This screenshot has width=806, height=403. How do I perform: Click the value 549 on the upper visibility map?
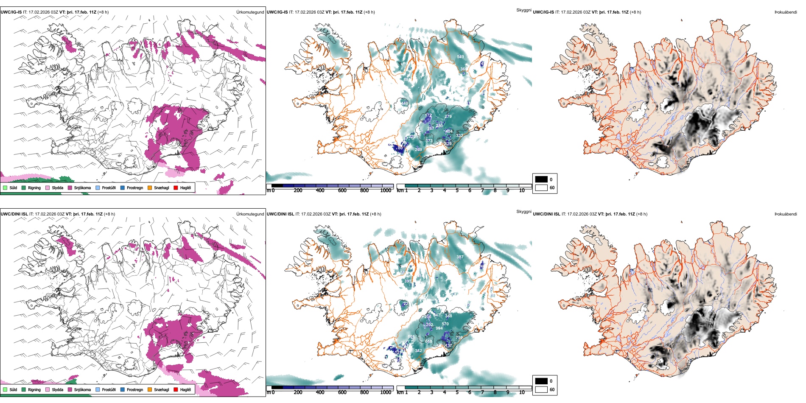click(x=460, y=56)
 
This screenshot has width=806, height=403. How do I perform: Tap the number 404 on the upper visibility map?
click(x=449, y=132)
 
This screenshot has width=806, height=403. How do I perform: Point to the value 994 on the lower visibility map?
click(x=439, y=328)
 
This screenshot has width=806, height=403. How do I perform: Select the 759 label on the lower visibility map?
click(x=459, y=338)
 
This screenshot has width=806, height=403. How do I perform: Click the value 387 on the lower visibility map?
click(x=460, y=257)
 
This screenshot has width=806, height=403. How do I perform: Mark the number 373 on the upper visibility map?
click(x=429, y=141)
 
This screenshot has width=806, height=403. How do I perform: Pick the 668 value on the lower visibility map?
click(x=428, y=341)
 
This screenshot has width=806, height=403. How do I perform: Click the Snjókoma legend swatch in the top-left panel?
click(x=70, y=188)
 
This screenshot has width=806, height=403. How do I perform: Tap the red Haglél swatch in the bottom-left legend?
click(x=176, y=389)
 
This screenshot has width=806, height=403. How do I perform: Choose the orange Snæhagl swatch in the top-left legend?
click(x=150, y=188)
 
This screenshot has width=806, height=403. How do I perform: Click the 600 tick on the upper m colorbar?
click(x=342, y=190)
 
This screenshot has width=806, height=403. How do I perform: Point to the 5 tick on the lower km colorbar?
click(x=457, y=392)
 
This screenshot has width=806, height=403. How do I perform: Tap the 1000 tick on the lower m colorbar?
click(x=386, y=392)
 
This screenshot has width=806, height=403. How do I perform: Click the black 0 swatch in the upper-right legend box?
click(x=541, y=179)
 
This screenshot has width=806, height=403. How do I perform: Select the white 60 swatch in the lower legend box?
click(x=541, y=389)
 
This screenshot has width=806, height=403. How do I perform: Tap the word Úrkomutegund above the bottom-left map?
click(x=250, y=214)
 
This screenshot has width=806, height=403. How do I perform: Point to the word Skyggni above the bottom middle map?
click(x=524, y=212)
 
